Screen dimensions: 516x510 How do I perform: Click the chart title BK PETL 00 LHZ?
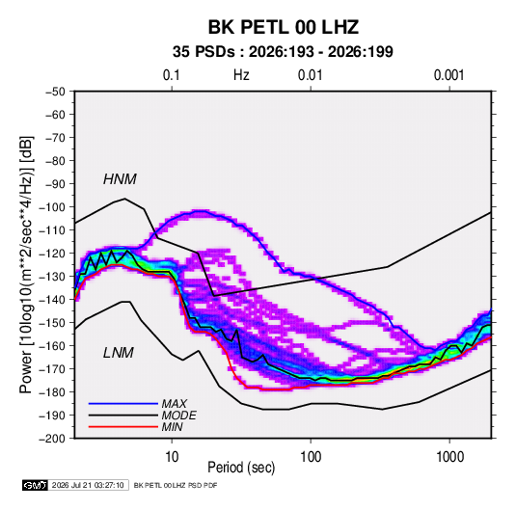[x=283, y=27]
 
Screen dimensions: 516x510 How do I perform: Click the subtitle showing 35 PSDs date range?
[x=283, y=52]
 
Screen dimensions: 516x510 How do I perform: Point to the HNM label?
[x=120, y=179]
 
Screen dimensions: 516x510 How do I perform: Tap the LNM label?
[x=119, y=353]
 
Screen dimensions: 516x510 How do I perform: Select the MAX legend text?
[x=175, y=403]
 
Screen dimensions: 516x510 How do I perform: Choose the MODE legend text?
[x=179, y=416]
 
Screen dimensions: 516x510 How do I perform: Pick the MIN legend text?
[x=172, y=427]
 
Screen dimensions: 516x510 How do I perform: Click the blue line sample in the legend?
[x=123, y=403]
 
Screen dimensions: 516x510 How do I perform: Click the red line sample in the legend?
[x=123, y=427]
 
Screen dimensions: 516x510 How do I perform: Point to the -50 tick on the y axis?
[x=55, y=92]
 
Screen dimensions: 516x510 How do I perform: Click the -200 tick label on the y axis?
[x=52, y=439]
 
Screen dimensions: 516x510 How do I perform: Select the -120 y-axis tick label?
[x=52, y=254]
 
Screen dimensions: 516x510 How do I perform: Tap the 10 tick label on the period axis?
[x=172, y=457]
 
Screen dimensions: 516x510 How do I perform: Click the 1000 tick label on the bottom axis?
[x=449, y=457]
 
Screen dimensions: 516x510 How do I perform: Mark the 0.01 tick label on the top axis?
[x=310, y=75]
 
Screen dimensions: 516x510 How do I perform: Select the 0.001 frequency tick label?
[x=448, y=75]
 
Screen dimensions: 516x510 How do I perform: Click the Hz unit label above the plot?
[x=241, y=75]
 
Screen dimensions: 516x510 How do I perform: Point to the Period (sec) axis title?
[x=241, y=468]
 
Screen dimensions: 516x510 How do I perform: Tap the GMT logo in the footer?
[x=36, y=485]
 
